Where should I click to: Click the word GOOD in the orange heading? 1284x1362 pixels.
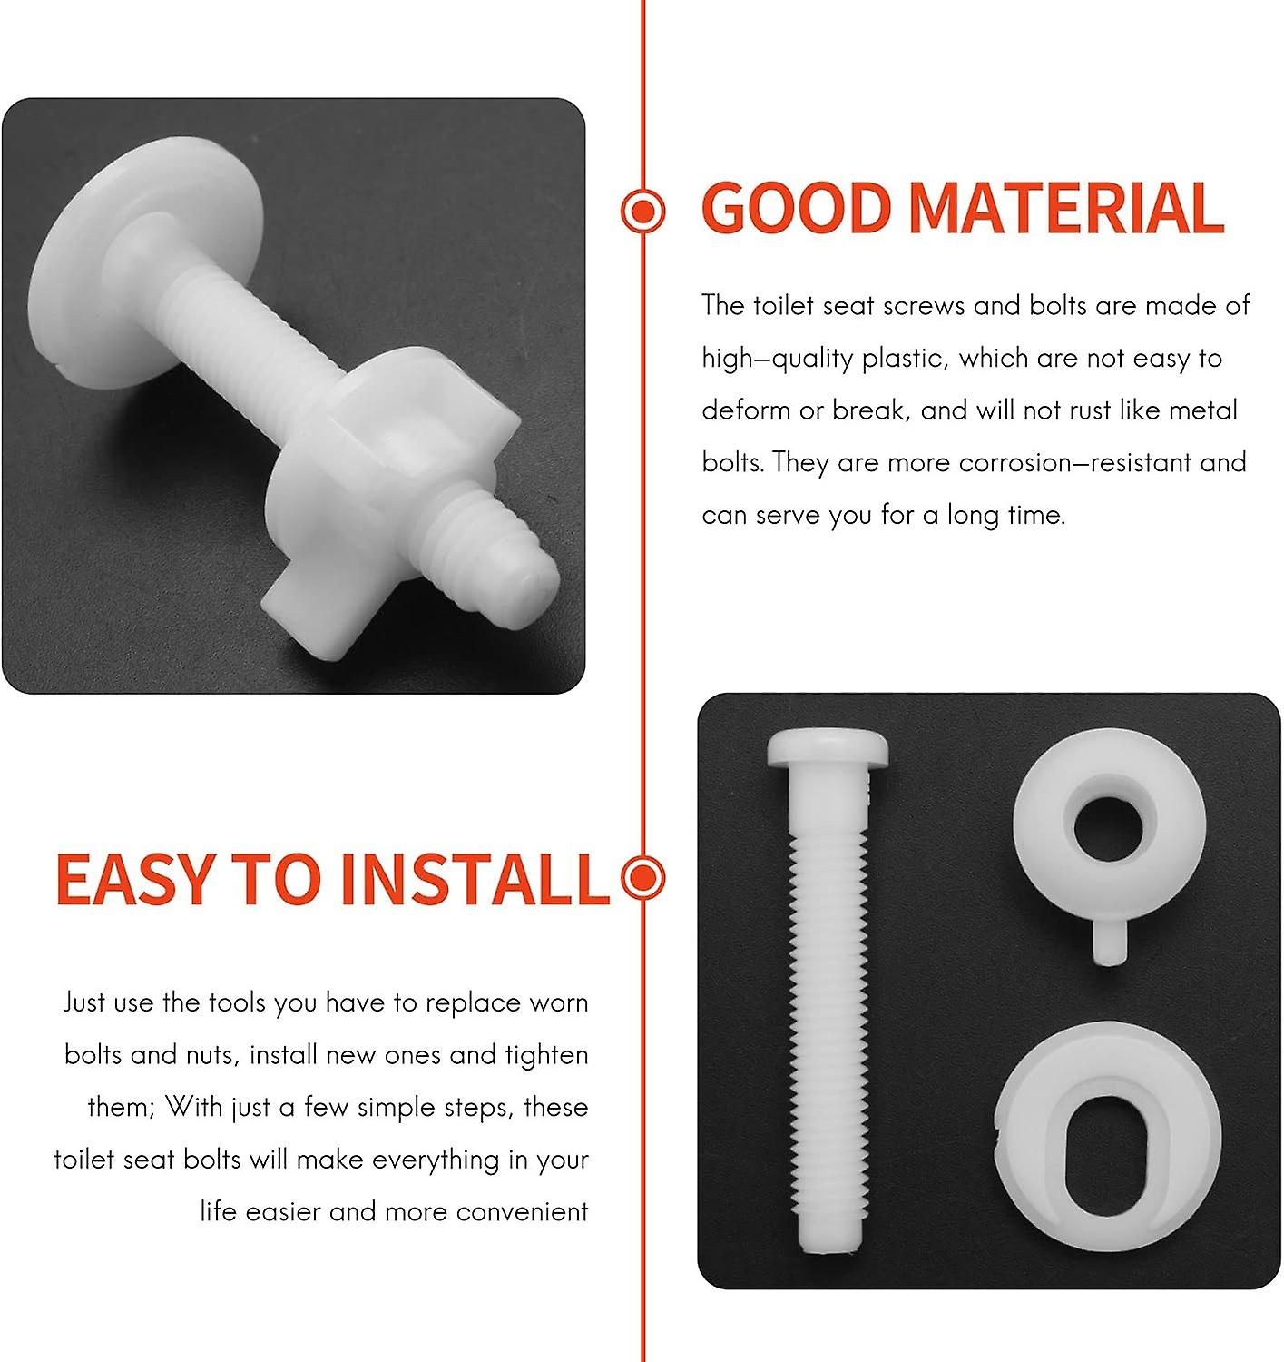click(795, 209)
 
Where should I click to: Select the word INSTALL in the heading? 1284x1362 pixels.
click(474, 879)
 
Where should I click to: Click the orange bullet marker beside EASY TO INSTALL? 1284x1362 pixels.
click(643, 877)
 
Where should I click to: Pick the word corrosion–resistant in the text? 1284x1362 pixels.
click(1073, 462)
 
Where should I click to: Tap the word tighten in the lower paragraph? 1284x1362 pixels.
click(546, 1055)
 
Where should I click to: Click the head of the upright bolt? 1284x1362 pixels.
click(828, 747)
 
